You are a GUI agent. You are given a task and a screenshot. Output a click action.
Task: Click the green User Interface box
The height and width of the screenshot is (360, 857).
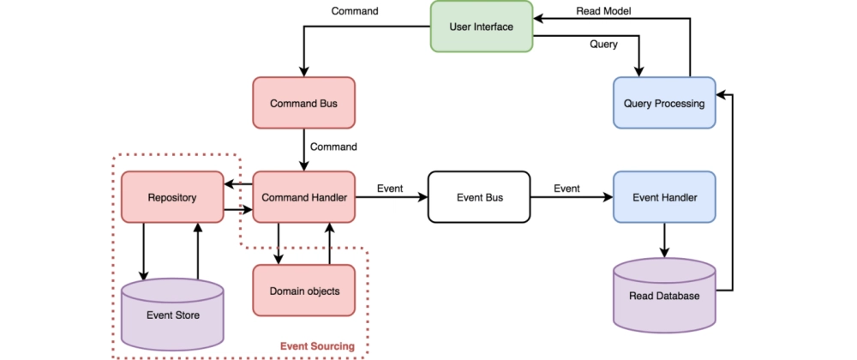482,27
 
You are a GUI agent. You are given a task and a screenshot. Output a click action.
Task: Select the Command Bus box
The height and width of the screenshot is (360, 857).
304,103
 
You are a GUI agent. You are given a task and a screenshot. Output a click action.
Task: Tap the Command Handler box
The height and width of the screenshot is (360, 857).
304,197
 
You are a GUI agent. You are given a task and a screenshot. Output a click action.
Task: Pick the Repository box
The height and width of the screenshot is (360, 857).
172,197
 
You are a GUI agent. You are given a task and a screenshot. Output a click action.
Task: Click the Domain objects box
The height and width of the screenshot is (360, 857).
304,291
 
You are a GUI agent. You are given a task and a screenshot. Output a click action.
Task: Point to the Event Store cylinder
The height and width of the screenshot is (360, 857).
172,314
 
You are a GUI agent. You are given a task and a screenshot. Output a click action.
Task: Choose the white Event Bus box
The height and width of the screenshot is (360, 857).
479,197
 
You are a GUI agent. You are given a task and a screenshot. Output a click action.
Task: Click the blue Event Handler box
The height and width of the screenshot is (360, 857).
665,197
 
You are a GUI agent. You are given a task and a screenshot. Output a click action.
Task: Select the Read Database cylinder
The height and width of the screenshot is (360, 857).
665,295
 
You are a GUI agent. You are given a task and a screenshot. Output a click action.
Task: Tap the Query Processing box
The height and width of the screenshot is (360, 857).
665,103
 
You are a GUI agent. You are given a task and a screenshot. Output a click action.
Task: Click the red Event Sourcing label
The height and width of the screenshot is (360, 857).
317,346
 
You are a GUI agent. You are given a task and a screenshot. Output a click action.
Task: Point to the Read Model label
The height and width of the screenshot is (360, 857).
604,11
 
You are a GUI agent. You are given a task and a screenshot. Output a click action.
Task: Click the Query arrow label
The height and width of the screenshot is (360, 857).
603,45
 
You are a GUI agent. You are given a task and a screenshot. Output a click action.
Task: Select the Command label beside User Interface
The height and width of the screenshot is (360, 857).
355,11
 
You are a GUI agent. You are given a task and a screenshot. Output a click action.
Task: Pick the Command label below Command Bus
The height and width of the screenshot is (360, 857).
333,147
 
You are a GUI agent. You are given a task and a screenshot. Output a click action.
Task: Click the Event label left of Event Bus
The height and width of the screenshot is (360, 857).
390,189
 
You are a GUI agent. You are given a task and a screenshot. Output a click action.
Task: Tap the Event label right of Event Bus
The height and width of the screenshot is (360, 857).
566,189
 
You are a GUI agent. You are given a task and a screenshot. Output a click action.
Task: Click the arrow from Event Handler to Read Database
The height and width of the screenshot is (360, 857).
665,240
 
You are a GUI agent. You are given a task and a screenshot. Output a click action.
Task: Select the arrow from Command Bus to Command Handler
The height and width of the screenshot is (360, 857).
304,150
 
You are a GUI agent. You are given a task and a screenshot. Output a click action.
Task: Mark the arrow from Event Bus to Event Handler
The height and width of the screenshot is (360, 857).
572,197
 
